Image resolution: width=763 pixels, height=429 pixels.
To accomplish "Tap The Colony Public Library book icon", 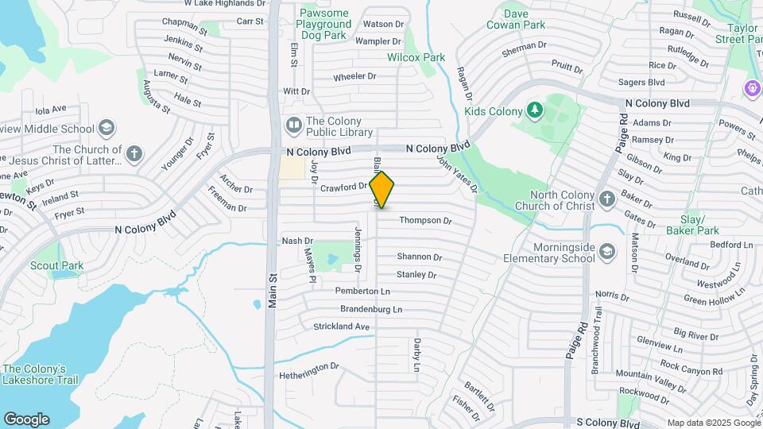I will pos(293,126).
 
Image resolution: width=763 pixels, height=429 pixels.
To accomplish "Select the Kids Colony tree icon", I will pos(535,110).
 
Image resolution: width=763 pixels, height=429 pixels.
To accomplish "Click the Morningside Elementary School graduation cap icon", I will pos(606,252).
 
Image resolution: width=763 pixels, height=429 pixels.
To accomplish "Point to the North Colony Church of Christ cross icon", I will pos(606,199).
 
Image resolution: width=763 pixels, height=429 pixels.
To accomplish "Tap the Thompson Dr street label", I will pos(425,220).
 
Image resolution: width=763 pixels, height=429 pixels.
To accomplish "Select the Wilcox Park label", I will pos(416,57).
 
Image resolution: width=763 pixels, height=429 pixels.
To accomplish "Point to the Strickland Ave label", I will pos(342,327).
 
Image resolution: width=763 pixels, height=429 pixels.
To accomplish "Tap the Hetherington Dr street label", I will pos(308,370).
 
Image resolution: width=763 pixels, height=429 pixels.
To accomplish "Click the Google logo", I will pos(26,419).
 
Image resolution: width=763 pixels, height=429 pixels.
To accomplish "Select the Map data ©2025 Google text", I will pos(713,423).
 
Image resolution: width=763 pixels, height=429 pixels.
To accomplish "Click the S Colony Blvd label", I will pos(608,424).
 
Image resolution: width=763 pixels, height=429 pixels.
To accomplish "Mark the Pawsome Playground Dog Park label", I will pos(323,25).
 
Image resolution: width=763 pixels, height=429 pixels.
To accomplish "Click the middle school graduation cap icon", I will pos(107,129).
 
